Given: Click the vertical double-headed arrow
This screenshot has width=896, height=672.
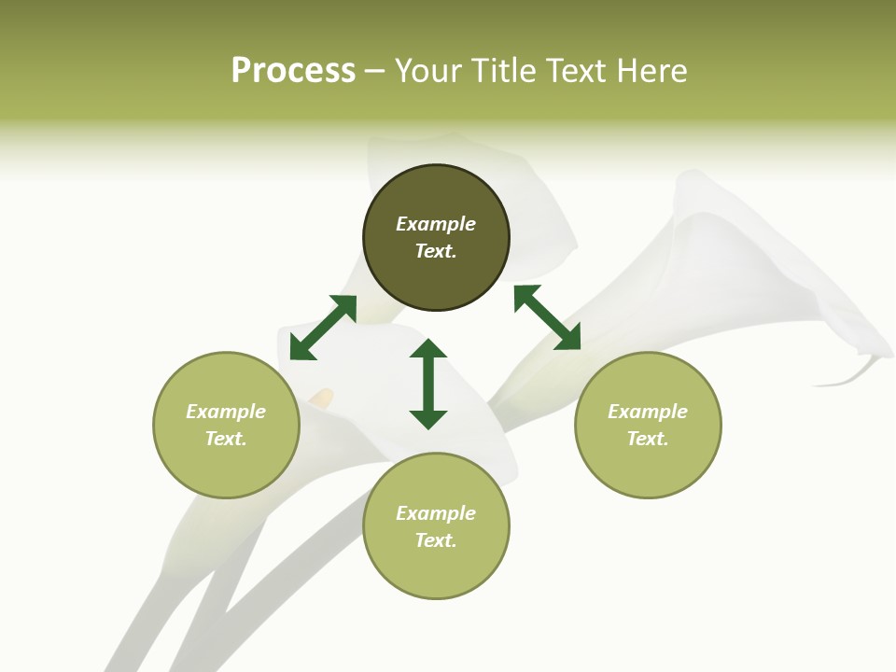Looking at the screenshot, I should coord(428,384).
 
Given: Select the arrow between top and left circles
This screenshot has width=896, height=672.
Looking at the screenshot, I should coord(323,328).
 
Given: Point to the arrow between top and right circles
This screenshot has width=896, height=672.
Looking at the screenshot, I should coord(548,317).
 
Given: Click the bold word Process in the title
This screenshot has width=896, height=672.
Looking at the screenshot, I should coord(293,71).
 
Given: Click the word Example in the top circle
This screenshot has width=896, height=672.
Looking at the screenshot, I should coord(436,224).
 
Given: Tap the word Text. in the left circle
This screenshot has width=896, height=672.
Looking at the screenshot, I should coord(226,439).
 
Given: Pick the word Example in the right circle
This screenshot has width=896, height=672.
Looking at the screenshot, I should coord(648,412).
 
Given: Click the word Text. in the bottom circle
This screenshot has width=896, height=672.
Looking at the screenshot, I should coord(436,540).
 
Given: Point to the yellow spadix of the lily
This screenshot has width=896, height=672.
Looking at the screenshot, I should coord(321,399).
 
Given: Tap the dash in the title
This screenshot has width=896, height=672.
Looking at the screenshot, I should coord(374,72).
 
